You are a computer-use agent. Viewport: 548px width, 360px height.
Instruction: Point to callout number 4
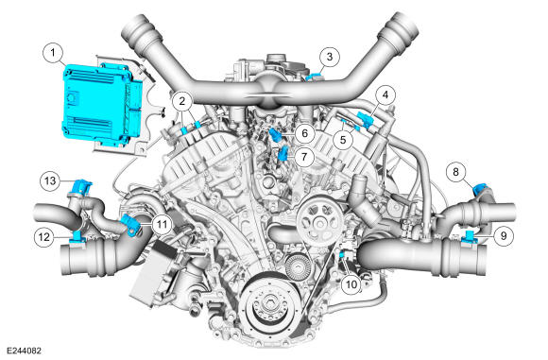tap(385, 94)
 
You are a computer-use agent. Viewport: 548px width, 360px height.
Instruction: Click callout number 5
tap(346, 137)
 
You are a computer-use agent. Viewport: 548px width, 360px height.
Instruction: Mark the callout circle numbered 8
tap(456, 172)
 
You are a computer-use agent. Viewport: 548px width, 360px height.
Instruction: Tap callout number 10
tap(351, 282)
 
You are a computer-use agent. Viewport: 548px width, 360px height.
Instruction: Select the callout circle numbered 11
tap(162, 224)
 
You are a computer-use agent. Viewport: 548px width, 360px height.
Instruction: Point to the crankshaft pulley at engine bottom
tap(268, 309)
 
